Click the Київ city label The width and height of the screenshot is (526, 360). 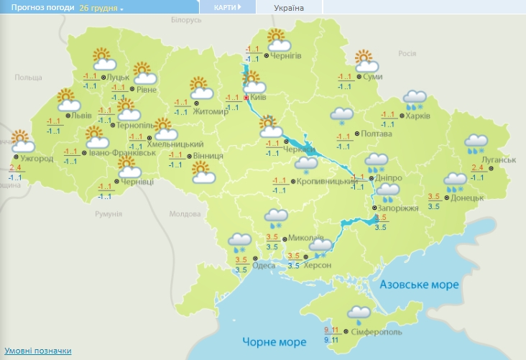point(259,97)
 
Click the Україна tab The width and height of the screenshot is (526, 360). point(289,8)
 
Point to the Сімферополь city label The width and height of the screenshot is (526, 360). point(377,332)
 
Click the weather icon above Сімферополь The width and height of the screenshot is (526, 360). point(359,313)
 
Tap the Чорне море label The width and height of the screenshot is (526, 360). point(268,341)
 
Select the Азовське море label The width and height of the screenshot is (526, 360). point(419,285)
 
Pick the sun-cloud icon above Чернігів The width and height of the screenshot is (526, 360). point(277,40)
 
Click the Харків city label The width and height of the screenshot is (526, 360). point(417,115)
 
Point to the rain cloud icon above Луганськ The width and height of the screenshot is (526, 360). point(475,144)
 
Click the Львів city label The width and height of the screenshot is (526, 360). point(84,115)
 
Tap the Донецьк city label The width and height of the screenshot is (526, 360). point(467,197)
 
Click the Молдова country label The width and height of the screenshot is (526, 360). point(184,214)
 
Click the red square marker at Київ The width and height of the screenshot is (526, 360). point(246,97)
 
